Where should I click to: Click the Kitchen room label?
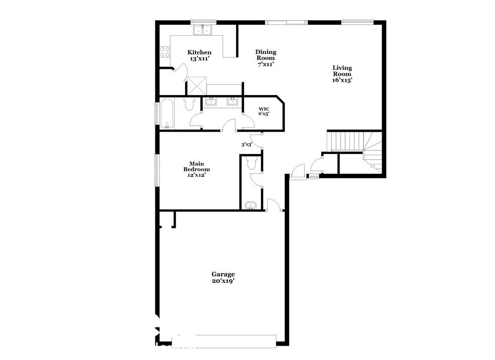(x=199, y=52)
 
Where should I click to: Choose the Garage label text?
(x=223, y=274)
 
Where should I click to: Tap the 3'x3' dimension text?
(x=247, y=145)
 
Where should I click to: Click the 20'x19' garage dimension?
(x=223, y=281)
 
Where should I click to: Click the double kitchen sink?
(x=202, y=30)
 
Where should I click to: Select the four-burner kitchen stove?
(x=165, y=52)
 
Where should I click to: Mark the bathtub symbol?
(x=166, y=113)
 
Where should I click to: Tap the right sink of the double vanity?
(x=232, y=102)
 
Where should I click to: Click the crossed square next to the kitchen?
(x=197, y=85)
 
